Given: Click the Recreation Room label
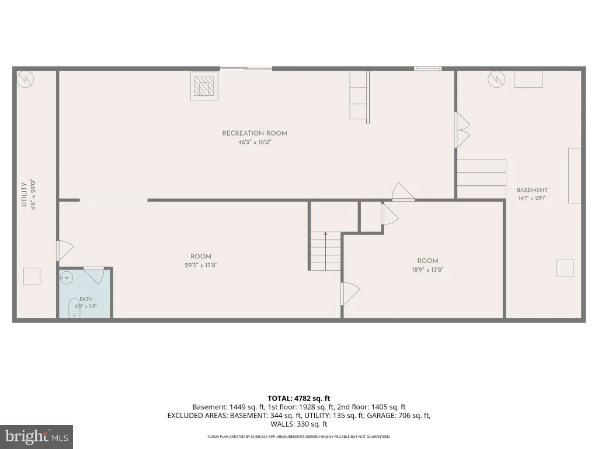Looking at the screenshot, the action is (x=255, y=133).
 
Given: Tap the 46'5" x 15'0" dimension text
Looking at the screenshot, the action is (x=255, y=143).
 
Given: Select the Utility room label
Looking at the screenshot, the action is (x=24, y=194).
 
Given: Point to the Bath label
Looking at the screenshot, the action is (x=86, y=299).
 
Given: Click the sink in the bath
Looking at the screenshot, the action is (x=66, y=278).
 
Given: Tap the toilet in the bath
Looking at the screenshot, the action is (x=74, y=309).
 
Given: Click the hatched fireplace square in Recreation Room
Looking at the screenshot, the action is (x=204, y=86).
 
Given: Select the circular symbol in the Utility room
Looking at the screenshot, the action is (x=26, y=79).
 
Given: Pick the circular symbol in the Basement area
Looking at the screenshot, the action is (x=496, y=79).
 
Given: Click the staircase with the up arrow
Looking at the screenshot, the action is (x=325, y=251).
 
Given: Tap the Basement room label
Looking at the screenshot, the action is (x=532, y=190).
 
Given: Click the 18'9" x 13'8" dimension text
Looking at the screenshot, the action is (x=427, y=270).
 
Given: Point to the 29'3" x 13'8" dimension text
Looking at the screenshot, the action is (x=201, y=265).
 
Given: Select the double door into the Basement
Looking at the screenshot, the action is (x=463, y=130).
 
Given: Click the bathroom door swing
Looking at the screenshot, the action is (x=94, y=275).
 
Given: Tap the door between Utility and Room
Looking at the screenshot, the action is (x=65, y=250).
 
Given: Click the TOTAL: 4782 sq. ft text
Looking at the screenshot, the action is (x=298, y=399).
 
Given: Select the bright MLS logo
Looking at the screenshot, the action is (x=37, y=437).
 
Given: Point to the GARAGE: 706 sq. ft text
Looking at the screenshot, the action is (x=398, y=416).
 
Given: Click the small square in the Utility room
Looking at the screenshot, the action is (x=32, y=277).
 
